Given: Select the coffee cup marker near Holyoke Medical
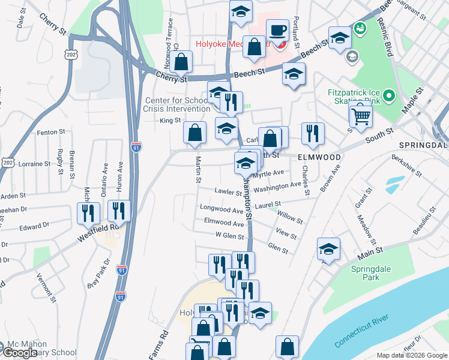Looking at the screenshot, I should [x=277, y=31].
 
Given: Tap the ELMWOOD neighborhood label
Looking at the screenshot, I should [x=319, y=157].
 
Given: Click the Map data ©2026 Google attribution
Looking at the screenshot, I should [x=411, y=355].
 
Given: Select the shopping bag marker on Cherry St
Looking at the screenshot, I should [x=180, y=62].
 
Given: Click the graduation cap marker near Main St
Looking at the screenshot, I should [x=328, y=249].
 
